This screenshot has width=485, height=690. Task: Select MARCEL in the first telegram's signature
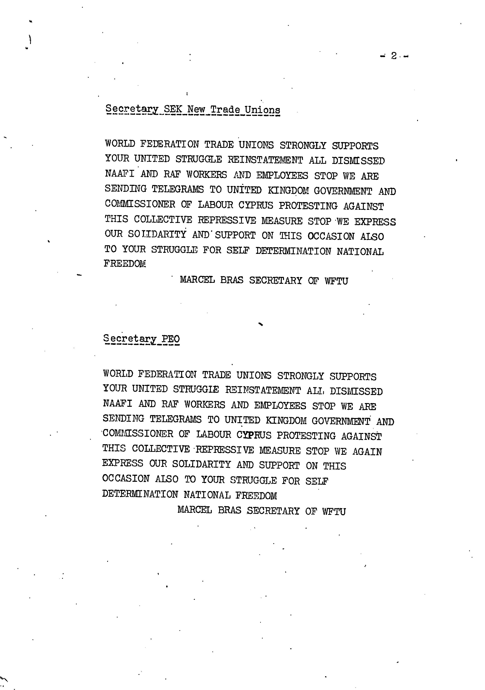tap(197, 280)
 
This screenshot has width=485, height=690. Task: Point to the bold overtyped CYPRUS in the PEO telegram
tap(254, 435)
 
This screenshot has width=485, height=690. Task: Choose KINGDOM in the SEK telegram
tap(288, 191)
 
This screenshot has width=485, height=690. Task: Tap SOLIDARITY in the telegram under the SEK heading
tap(157, 234)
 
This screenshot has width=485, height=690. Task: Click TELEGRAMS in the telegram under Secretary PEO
tap(175, 419)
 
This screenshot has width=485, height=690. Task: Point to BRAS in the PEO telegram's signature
tap(230, 510)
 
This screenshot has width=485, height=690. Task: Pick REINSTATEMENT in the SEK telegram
tap(265, 160)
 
